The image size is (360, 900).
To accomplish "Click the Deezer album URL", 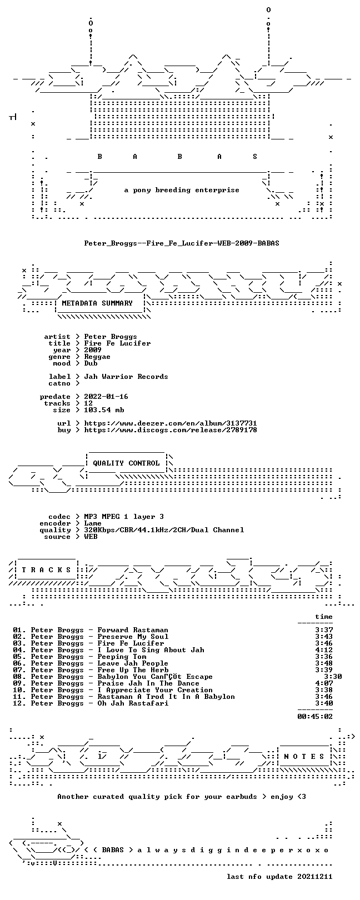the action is (x=171, y=423).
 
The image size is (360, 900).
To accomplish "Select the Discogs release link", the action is (x=171, y=430).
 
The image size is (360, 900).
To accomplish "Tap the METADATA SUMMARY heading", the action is (x=97, y=303).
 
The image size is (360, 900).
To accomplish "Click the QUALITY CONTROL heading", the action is (x=126, y=463).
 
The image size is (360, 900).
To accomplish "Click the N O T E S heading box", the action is (x=304, y=757).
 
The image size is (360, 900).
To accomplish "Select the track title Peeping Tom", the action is (x=122, y=657).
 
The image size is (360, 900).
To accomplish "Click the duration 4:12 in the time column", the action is (x=324, y=649).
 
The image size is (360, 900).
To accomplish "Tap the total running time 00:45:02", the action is (x=315, y=716).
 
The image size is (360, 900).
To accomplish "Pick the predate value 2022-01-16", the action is (x=106, y=397).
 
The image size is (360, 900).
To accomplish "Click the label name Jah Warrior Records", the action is (x=126, y=377).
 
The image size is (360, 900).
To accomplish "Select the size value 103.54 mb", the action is (x=104, y=410).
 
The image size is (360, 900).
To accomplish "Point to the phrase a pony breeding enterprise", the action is (x=182, y=190).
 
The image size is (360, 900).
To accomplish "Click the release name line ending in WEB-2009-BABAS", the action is (x=182, y=243).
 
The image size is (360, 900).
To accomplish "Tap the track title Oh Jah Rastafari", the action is (x=133, y=703).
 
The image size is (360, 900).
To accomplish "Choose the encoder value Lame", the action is (x=93, y=523).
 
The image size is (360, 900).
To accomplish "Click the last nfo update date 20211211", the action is (x=315, y=876).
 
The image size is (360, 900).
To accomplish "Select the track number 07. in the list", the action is (x=19, y=670).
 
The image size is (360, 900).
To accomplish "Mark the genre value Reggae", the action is (x=97, y=357).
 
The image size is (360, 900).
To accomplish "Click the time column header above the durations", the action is (x=324, y=616).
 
